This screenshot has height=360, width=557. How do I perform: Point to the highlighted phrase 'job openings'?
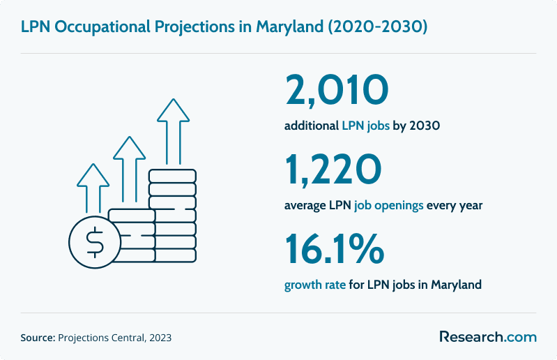coord(388,206)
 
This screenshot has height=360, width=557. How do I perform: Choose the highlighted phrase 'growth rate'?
coord(315,285)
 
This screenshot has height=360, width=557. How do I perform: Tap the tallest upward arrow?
coord(173,133)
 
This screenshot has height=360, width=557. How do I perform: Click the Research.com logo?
coord(487,337)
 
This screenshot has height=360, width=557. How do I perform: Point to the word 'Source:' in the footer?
coord(38,338)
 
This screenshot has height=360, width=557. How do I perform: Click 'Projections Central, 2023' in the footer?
coord(115,338)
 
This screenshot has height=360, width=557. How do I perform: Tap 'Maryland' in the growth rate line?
coord(456,285)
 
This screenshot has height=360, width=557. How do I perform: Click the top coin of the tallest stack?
coord(173,175)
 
